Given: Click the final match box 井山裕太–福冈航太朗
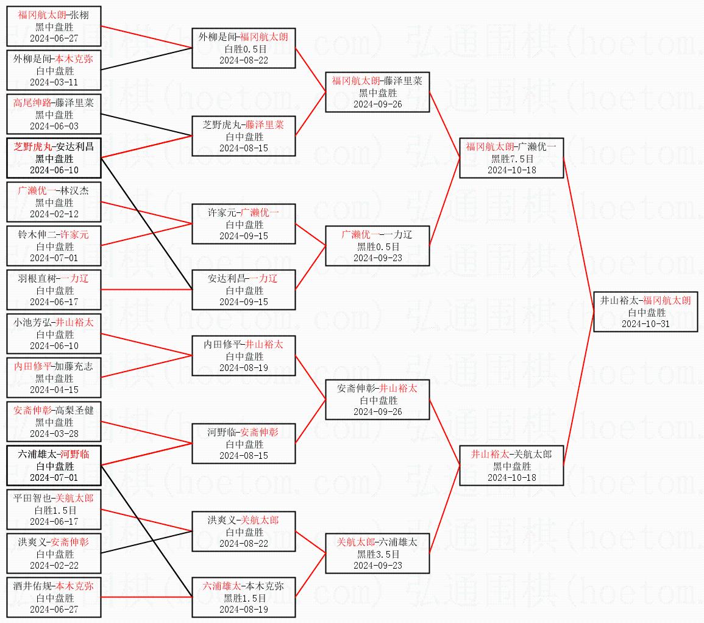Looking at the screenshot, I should [645, 311].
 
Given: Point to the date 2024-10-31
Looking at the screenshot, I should [645, 323].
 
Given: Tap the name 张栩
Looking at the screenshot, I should [79, 15].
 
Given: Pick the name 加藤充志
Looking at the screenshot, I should [74, 366].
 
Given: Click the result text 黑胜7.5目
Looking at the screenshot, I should [512, 159].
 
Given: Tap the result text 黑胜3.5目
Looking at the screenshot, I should [378, 554].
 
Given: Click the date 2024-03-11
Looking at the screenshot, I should [54, 82].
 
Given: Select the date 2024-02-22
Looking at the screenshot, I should [54, 565].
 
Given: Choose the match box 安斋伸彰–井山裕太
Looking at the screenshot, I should [377, 400].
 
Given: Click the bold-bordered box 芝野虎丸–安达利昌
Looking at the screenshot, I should [54, 158].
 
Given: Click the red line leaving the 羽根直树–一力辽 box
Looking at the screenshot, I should [146, 289].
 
